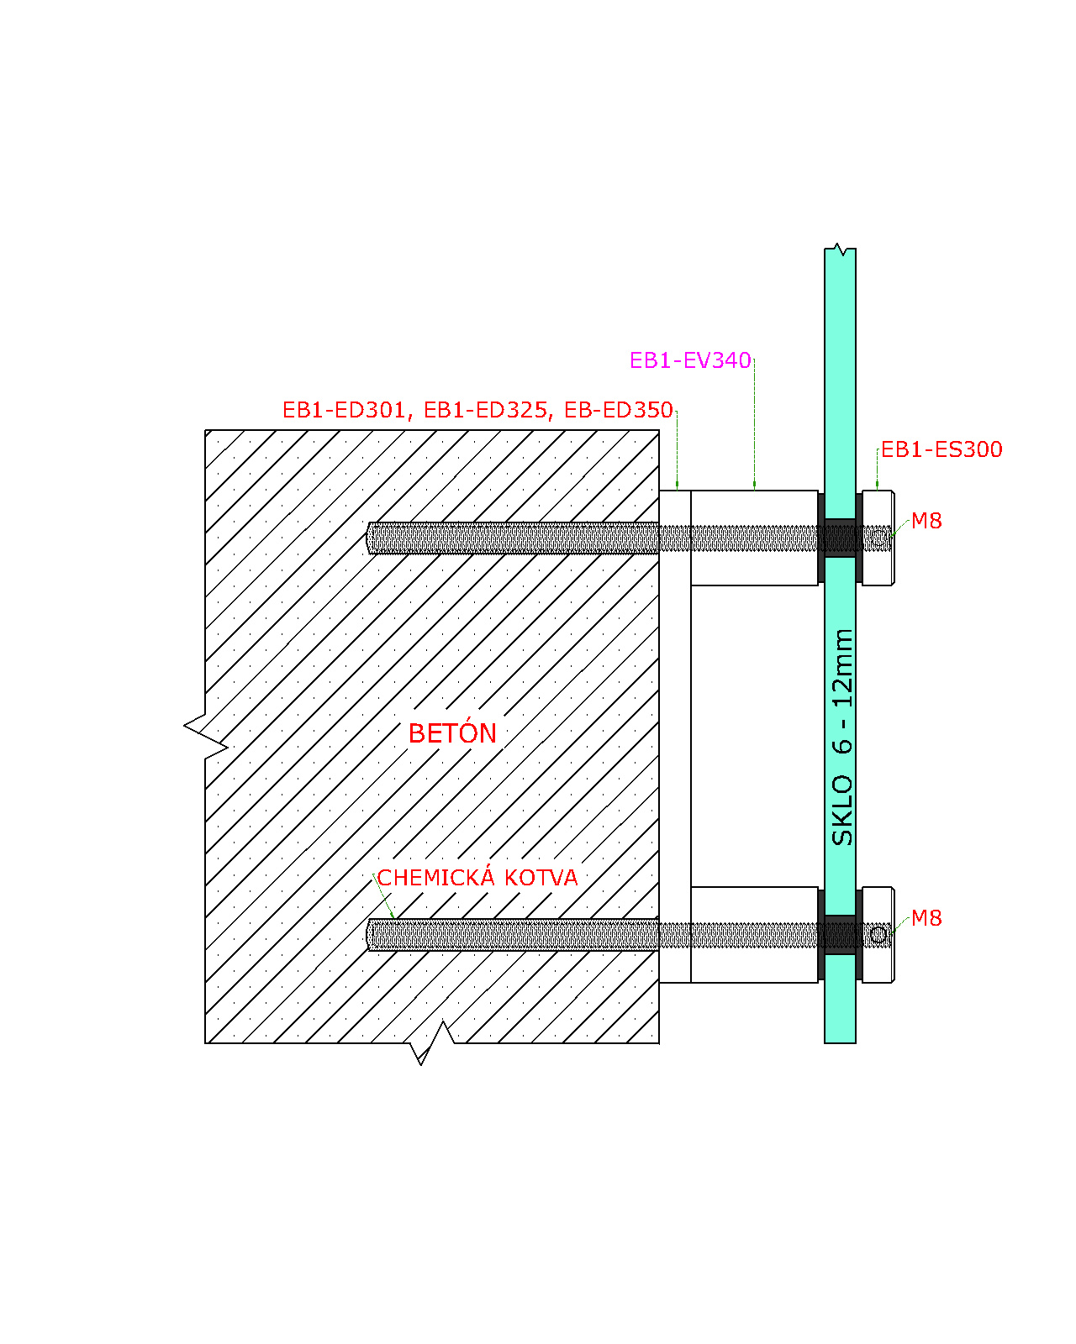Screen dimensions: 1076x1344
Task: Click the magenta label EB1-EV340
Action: (x=689, y=360)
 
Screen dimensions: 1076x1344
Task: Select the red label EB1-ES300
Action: (x=941, y=449)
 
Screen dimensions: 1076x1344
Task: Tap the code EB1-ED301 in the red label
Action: (x=344, y=410)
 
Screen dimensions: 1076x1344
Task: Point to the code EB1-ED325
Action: (x=485, y=410)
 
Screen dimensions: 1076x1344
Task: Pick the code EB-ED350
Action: (x=619, y=410)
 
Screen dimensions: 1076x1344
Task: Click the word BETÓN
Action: (x=452, y=732)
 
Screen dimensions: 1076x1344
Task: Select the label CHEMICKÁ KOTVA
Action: (x=477, y=878)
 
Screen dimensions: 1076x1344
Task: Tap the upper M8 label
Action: (x=926, y=520)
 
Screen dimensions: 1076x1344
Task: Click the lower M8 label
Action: (x=926, y=917)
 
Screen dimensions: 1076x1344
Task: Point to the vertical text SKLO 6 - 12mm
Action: (x=841, y=737)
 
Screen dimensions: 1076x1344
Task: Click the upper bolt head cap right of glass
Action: (x=878, y=538)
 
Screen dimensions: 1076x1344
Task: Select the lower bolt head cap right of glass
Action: (x=878, y=934)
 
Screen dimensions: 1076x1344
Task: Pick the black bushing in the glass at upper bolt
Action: (x=840, y=538)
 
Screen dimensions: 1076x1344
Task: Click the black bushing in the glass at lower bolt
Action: (x=840, y=934)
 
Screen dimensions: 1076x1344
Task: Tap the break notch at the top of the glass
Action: (x=841, y=249)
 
